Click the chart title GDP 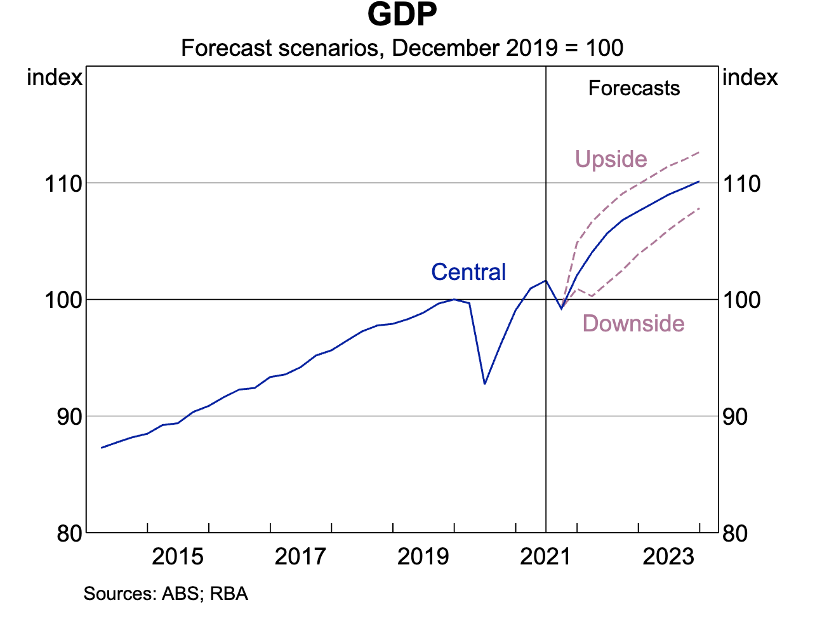pos(402,15)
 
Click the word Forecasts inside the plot pos(633,88)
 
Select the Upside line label pos(611,159)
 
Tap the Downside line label pos(633,324)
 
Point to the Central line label pos(468,272)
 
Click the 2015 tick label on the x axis pos(178,557)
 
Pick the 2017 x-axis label pos(300,557)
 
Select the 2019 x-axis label pos(423,557)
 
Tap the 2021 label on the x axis pos(545,557)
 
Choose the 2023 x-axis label pos(668,557)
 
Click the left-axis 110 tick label pos(63,184)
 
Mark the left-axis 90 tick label pos(70,417)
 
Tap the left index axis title pos(55,77)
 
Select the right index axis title pos(750,77)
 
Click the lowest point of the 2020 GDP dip pos(485,383)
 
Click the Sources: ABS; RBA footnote pos(166,594)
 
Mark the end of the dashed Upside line pos(699,152)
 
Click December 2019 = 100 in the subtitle pos(508,48)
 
